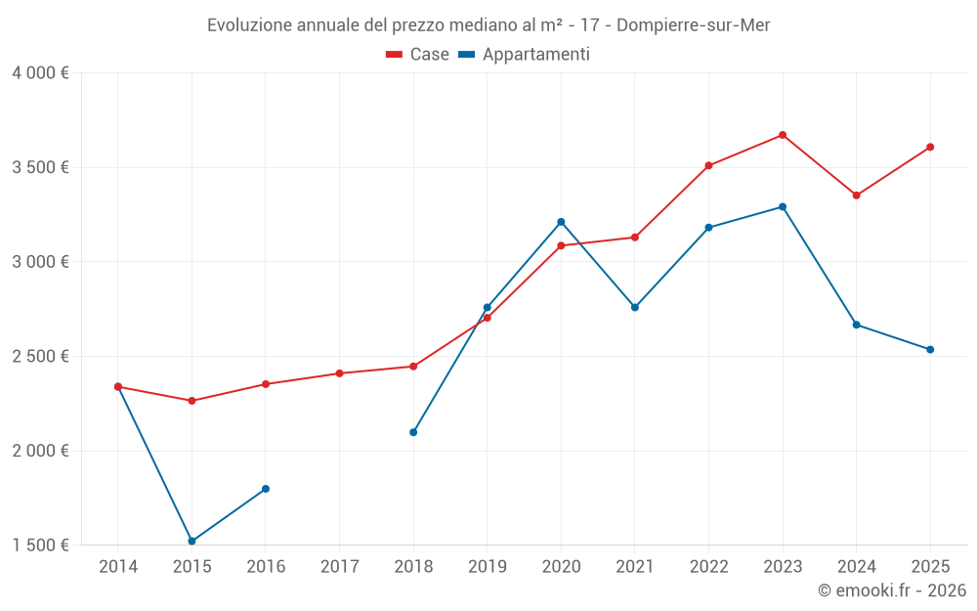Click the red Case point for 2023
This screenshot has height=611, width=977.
click(783, 135)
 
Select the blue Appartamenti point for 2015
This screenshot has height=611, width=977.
click(191, 541)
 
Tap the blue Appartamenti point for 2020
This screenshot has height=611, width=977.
click(561, 222)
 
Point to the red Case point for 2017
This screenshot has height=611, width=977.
click(339, 373)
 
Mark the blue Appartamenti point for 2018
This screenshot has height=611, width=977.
click(413, 432)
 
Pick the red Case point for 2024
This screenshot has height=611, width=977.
click(856, 196)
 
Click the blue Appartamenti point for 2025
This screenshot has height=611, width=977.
click(930, 349)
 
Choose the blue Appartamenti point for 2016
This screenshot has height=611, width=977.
click(266, 489)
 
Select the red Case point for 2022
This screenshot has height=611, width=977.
click(708, 165)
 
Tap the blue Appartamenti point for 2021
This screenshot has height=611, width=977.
click(635, 307)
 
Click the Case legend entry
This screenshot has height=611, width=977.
click(418, 55)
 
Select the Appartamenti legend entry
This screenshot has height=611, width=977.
click(525, 55)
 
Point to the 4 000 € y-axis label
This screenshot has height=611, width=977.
click(40, 73)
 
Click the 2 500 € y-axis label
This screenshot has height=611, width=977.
click(40, 357)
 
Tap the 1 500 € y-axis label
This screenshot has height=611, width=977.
click(40, 546)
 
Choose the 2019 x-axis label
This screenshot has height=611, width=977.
click(488, 567)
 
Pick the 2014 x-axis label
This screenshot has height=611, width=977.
click(118, 567)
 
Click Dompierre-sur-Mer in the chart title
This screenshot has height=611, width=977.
click(694, 25)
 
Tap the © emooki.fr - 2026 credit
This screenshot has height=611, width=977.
click(891, 590)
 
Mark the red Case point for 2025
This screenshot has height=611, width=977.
click(930, 148)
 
